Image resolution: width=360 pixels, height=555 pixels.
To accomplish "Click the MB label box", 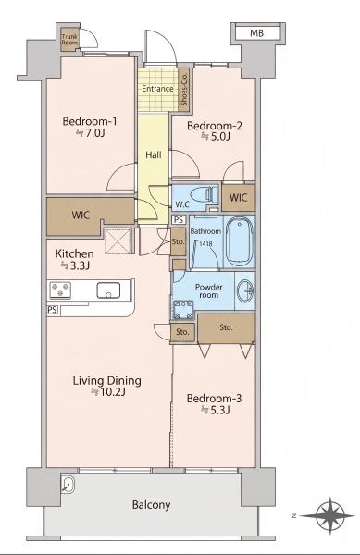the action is pyautogui.click(x=257, y=33).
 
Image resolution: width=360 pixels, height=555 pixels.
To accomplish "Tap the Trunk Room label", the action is pyautogui.click(x=69, y=39).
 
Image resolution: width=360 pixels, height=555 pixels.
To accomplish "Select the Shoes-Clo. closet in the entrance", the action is pyautogui.click(x=183, y=90).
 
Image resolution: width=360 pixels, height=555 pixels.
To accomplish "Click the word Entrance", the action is pyautogui.click(x=157, y=89).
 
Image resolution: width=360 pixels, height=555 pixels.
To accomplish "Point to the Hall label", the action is pyautogui.click(x=154, y=154).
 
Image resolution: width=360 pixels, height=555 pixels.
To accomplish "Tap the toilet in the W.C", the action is pyautogui.click(x=204, y=195).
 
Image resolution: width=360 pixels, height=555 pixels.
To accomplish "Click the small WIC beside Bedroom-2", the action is pyautogui.click(x=238, y=197).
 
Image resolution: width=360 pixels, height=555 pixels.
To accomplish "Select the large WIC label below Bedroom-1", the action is pyautogui.click(x=81, y=215).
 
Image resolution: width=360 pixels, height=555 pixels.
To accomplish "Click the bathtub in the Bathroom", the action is pyautogui.click(x=240, y=241).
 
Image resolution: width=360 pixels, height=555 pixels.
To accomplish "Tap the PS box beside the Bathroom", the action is pyautogui.click(x=179, y=220).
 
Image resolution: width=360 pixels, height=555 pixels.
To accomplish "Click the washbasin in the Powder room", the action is pyautogui.click(x=245, y=291).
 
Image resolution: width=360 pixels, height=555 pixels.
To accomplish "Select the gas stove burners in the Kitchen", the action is pyautogui.click(x=60, y=290).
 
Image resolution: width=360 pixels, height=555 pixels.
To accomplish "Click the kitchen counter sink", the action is pyautogui.click(x=108, y=290).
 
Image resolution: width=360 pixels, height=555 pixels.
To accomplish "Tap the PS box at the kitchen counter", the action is pyautogui.click(x=52, y=310).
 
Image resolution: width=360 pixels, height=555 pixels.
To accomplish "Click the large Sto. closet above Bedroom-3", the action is pyautogui.click(x=226, y=327).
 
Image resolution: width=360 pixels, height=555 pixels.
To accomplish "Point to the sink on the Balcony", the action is pyautogui.click(x=67, y=484).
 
